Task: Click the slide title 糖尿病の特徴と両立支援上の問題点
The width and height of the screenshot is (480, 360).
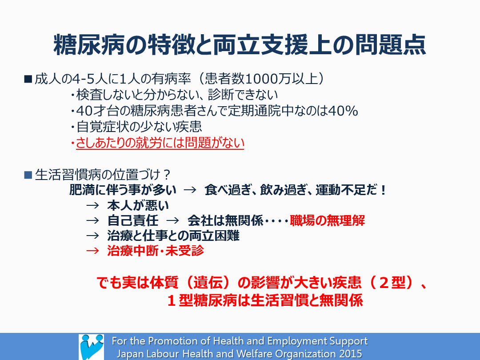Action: click(x=240, y=45)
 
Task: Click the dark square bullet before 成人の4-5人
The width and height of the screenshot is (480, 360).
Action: click(x=28, y=79)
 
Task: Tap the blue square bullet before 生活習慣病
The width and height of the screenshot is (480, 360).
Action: click(x=28, y=175)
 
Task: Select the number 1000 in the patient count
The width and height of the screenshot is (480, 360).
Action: click(x=261, y=79)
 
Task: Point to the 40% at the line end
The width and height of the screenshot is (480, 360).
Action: click(x=343, y=111)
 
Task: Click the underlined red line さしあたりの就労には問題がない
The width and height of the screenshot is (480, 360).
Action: click(x=160, y=143)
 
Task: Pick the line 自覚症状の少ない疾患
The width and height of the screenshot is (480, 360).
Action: click(x=139, y=127)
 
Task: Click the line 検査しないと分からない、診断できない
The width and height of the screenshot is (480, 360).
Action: click(x=177, y=95)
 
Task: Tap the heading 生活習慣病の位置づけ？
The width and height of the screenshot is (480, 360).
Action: click(x=103, y=175)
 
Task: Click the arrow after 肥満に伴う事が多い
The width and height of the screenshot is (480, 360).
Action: click(x=190, y=190)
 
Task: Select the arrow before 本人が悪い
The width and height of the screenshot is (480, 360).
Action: click(x=92, y=205)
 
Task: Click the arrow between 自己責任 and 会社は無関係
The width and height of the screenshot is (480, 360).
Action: click(x=172, y=220)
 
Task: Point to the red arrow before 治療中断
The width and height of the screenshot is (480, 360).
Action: click(x=92, y=251)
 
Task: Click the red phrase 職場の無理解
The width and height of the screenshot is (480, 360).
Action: click(x=327, y=220)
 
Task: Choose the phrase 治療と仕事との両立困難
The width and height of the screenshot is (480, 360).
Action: click(x=173, y=236)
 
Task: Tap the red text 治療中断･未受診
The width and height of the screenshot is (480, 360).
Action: click(x=156, y=251)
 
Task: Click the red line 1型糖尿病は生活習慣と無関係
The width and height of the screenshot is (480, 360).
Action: click(x=265, y=300)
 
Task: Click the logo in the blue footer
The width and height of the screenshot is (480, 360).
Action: click(x=91, y=347)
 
